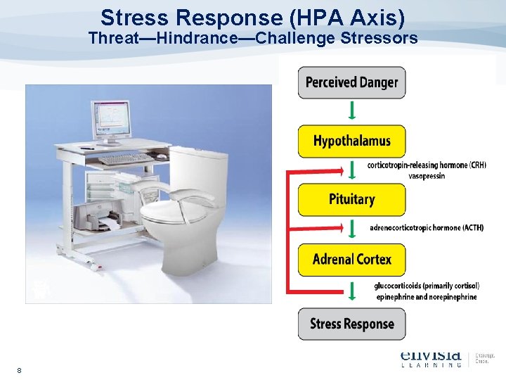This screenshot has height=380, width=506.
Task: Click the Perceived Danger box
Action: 351,82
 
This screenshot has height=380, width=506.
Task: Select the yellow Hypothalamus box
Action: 351,141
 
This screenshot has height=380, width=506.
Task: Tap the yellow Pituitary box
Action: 351,200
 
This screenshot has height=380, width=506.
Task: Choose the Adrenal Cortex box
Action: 351,260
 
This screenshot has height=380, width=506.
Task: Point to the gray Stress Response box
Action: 351,324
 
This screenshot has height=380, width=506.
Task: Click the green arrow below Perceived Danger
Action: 351,110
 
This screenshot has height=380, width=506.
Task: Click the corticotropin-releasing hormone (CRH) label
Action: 427,165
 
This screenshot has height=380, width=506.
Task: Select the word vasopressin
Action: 427,176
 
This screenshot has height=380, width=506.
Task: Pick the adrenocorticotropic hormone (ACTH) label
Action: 426,227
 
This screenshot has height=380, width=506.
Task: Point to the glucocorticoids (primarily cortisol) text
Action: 427,286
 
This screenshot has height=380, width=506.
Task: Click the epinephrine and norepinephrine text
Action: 427,296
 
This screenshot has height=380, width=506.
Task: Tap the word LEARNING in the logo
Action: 431,364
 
